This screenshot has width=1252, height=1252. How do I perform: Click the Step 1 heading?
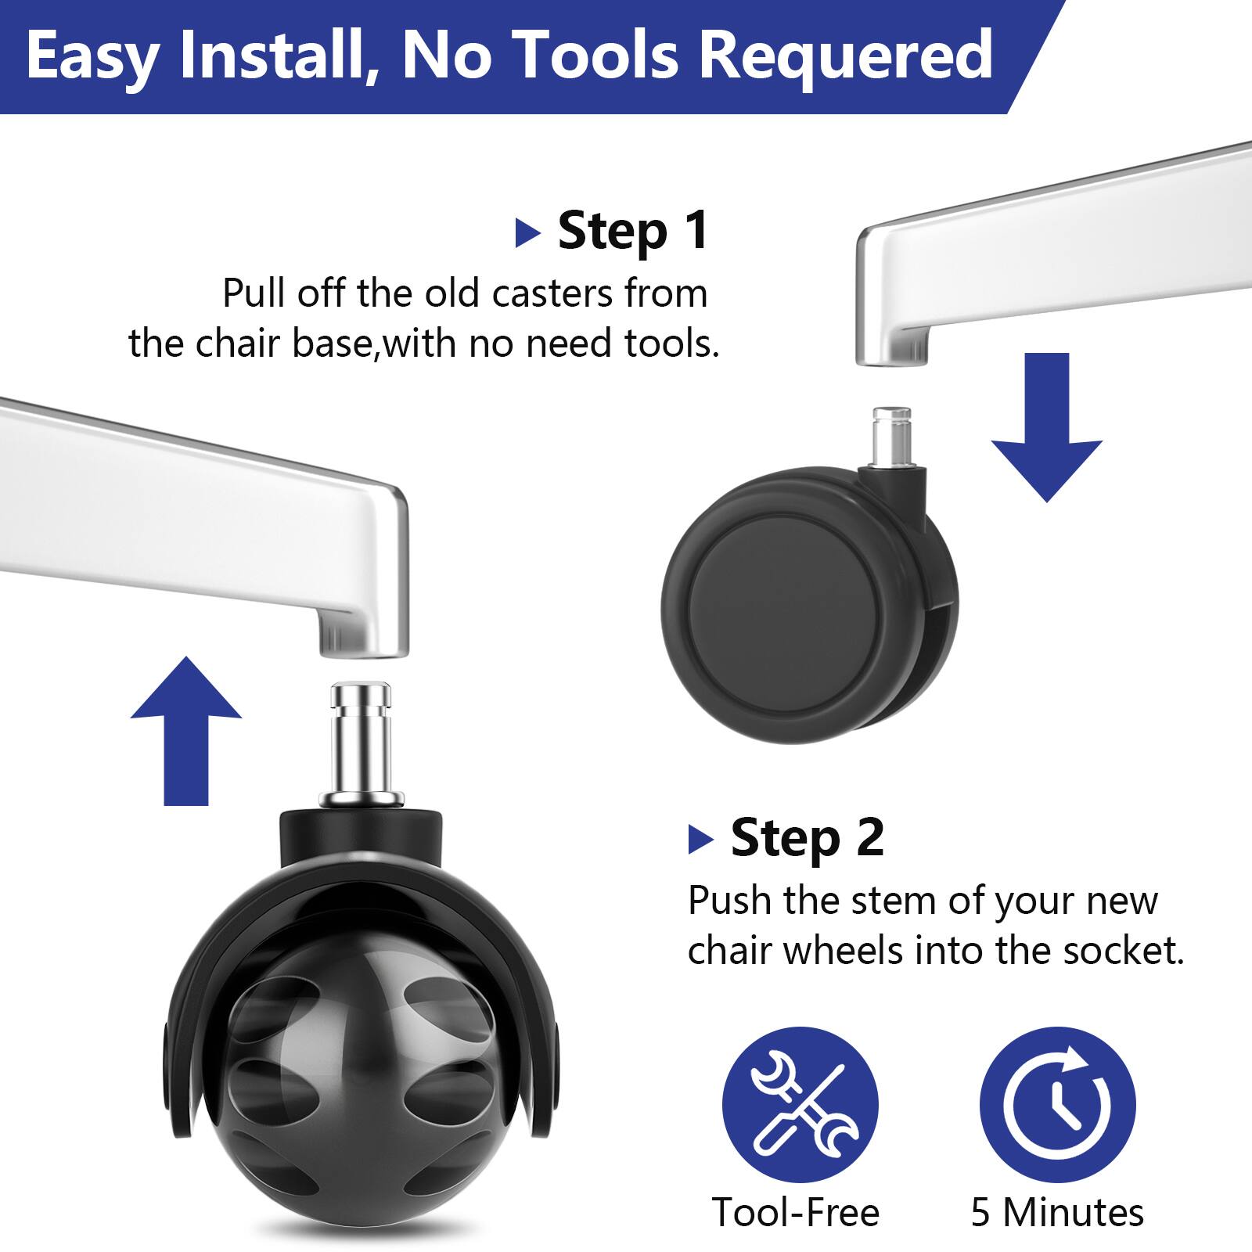(x=632, y=231)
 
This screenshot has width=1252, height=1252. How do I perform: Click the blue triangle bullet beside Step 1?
(x=528, y=233)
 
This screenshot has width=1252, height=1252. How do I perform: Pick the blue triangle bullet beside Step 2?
(x=700, y=840)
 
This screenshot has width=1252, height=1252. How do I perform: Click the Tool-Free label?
(x=796, y=1212)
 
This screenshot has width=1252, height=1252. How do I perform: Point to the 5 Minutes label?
(x=1057, y=1212)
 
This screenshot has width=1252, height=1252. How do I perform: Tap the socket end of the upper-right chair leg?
(x=892, y=344)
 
